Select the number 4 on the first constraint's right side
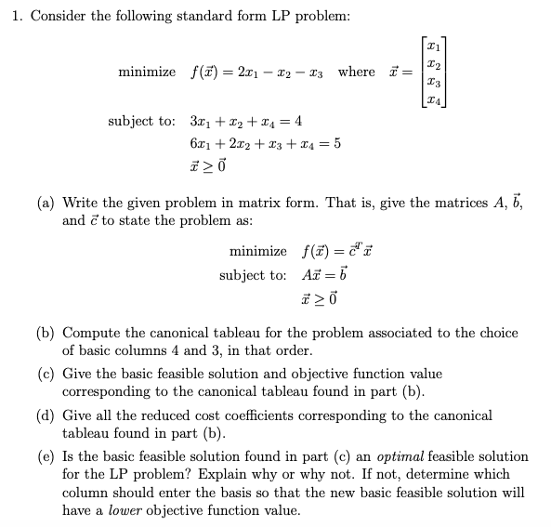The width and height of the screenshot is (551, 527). click(x=297, y=122)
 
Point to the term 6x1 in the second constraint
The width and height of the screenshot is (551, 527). click(x=199, y=144)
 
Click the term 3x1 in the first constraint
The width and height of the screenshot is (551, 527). click(x=199, y=122)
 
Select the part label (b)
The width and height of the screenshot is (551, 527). click(x=46, y=333)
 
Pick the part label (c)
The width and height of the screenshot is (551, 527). click(x=46, y=374)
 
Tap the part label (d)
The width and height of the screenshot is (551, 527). click(x=46, y=415)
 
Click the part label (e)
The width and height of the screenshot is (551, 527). click(x=46, y=457)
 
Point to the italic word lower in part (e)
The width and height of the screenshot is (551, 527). click(x=126, y=510)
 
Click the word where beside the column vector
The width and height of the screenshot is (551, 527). click(x=356, y=72)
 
